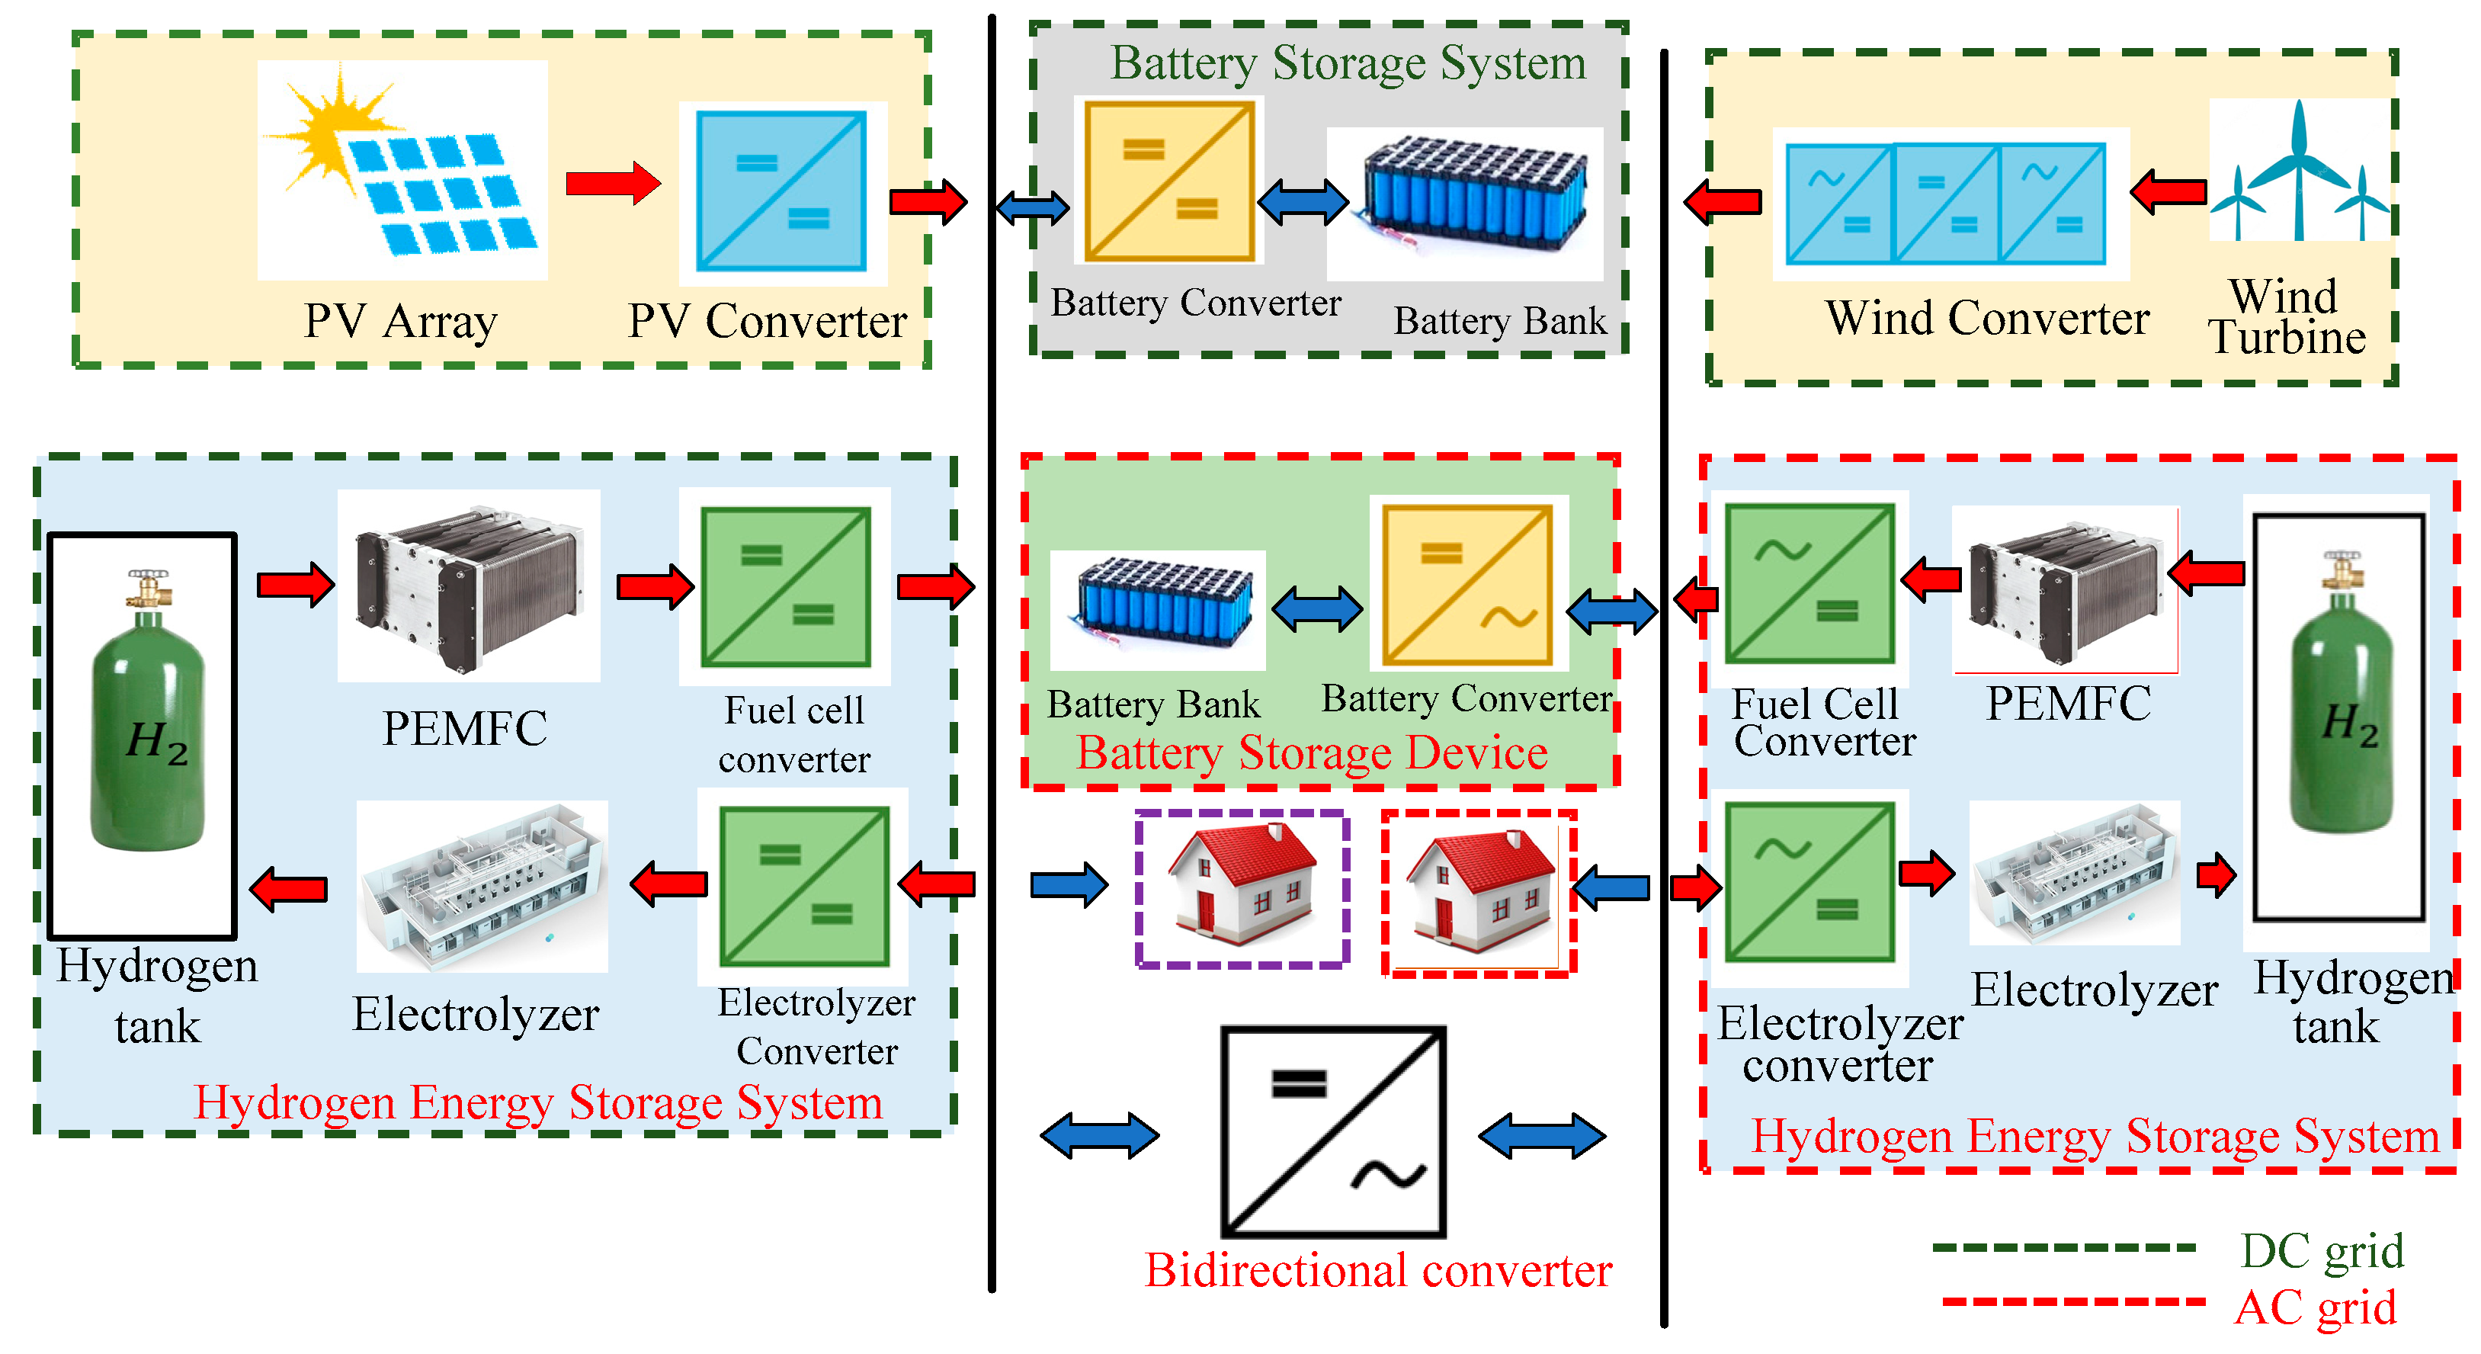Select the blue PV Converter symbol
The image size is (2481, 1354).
(x=781, y=191)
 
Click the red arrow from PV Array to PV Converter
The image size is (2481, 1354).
(x=613, y=183)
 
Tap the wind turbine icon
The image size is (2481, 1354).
(x=2299, y=173)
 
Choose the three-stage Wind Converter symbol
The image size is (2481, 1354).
(x=1945, y=204)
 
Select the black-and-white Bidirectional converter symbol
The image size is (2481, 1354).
(x=1333, y=1131)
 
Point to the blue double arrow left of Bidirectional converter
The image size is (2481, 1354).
(x=1099, y=1137)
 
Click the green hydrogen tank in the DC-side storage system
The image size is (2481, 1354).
(x=146, y=732)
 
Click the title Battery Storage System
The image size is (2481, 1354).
(x=1348, y=63)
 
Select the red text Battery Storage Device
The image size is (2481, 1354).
(x=1311, y=753)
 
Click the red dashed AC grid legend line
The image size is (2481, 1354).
(x=2072, y=1302)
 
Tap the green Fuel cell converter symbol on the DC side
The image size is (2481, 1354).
(x=785, y=588)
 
